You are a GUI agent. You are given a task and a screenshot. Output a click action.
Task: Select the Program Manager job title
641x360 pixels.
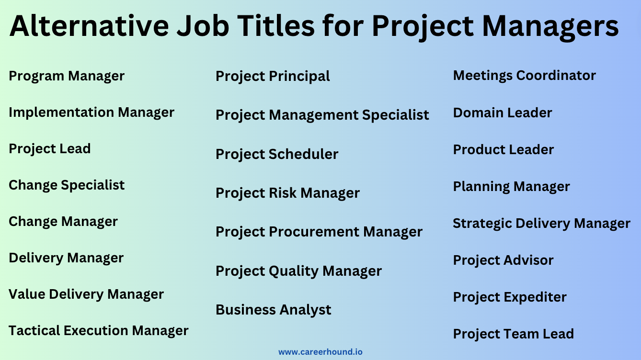coord(67,76)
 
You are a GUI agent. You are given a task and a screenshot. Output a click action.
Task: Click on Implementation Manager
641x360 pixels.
coord(92,112)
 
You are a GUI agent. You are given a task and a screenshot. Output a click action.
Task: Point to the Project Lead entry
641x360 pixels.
coord(50,149)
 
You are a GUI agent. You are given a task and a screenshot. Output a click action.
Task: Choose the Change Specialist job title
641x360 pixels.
coord(67,185)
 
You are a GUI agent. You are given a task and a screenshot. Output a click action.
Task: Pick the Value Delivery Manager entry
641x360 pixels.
coord(86,294)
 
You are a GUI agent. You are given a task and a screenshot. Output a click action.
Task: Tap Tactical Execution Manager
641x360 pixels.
coord(98,331)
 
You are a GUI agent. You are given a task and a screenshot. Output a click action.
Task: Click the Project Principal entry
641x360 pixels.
coord(273,76)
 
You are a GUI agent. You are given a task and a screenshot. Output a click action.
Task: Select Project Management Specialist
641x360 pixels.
coord(322,115)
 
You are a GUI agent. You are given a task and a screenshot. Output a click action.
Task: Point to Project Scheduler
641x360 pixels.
coord(277,154)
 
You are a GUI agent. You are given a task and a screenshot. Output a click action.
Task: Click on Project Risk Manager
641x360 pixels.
coord(287,193)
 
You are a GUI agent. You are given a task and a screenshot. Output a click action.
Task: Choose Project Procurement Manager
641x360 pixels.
coord(319,232)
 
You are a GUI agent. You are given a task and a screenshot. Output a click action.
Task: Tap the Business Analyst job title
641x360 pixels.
coord(273,310)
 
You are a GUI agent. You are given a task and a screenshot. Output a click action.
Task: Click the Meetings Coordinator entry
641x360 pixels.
coord(524,76)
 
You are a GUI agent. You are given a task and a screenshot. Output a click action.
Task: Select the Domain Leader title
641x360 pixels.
coord(503,113)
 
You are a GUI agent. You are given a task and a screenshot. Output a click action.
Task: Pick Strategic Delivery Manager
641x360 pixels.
coord(541,224)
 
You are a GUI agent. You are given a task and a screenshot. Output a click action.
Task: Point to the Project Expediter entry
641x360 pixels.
coord(510,297)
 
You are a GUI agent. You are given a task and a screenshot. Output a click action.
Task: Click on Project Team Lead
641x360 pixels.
coord(513,334)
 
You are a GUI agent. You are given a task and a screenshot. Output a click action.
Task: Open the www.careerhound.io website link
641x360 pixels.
coord(320,352)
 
